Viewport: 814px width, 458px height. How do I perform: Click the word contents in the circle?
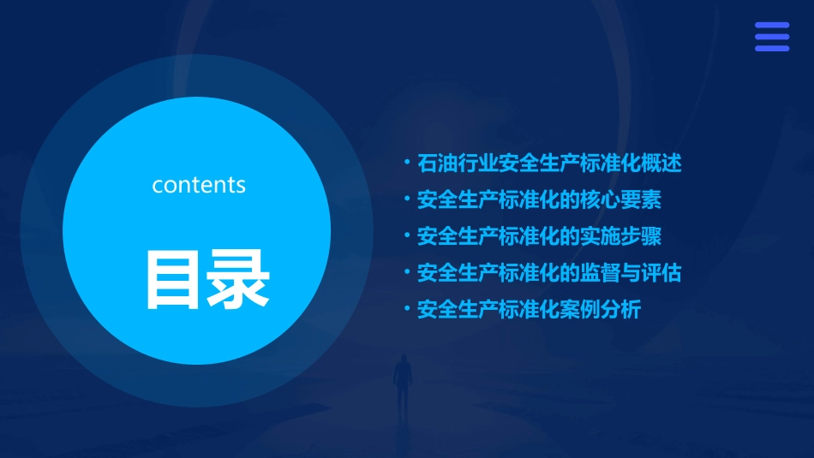click(x=199, y=185)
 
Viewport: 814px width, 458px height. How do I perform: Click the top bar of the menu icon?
click(x=771, y=26)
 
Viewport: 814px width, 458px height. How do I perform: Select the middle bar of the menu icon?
click(x=771, y=37)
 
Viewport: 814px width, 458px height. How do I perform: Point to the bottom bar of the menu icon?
click(x=771, y=48)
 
